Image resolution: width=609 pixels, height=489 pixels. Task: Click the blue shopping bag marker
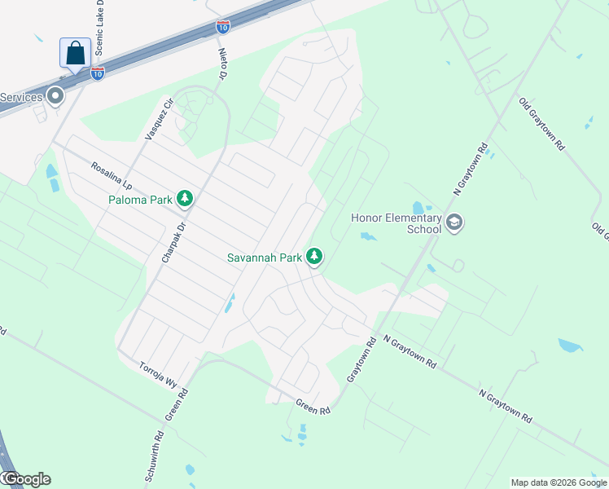tap(75, 53)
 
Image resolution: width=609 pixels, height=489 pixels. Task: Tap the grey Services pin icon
tap(55, 96)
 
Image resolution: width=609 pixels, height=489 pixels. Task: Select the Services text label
tap(21, 98)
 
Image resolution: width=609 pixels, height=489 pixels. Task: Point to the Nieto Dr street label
tap(221, 63)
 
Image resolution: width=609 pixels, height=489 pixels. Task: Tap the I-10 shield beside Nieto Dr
tap(221, 27)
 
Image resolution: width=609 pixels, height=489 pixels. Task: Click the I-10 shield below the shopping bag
tap(97, 74)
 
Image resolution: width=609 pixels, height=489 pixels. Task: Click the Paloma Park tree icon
tap(186, 198)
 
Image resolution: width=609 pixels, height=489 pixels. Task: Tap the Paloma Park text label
tap(142, 198)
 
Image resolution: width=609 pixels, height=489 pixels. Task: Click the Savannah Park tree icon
tap(314, 258)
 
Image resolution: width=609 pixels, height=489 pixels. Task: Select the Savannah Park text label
tap(265, 258)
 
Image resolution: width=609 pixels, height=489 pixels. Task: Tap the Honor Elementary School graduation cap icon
tap(454, 222)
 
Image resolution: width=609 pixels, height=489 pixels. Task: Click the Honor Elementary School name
tap(397, 223)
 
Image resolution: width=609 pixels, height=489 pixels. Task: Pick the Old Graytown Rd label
tap(541, 125)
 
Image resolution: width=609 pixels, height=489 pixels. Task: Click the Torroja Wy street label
tap(158, 374)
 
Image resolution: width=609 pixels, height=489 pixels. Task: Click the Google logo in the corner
tap(26, 479)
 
